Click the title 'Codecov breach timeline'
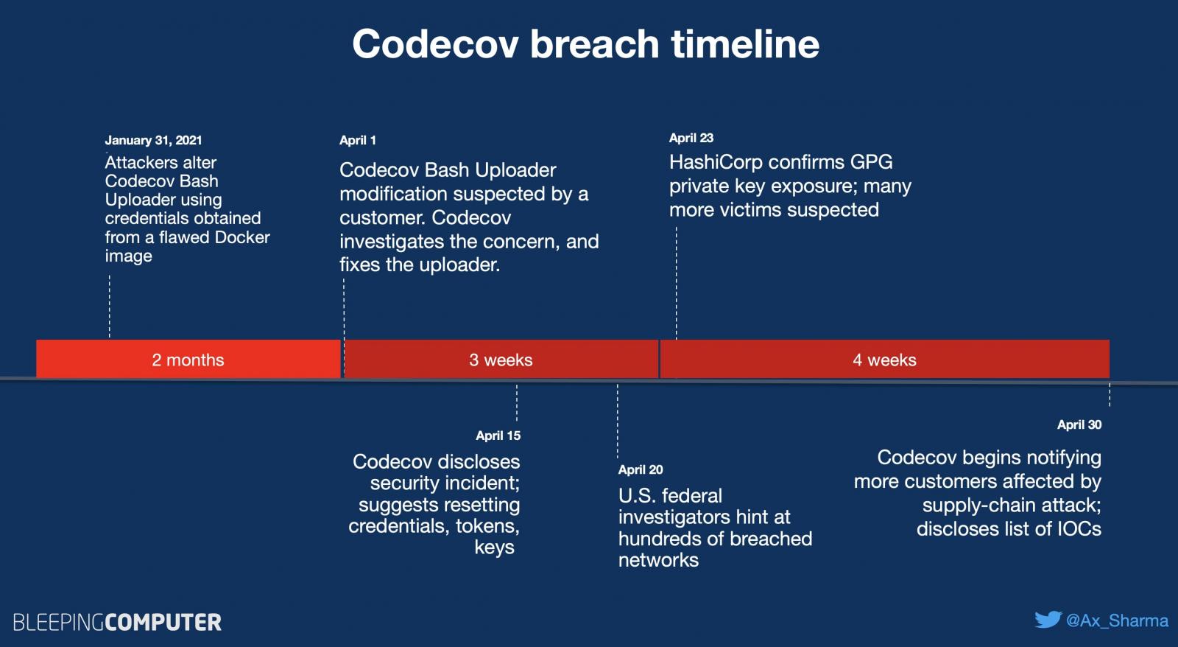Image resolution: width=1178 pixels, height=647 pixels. pos(585,44)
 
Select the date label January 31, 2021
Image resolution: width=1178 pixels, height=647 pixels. pos(153,140)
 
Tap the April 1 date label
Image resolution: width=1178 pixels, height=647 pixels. pos(357,140)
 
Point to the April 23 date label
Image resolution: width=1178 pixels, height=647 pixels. pos(691,138)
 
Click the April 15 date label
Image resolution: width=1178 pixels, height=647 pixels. pos(498,436)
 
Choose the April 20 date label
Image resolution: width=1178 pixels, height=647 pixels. pos(641,469)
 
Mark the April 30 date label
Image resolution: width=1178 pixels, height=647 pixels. pos(1079,424)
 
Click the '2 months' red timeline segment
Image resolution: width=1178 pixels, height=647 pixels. pos(188,360)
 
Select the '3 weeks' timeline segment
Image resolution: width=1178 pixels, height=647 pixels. pos(501,360)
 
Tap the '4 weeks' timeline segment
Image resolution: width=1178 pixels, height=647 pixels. pos(884,360)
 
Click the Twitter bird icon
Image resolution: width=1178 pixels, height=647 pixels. pos(1047,620)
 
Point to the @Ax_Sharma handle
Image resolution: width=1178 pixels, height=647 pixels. pos(1117,620)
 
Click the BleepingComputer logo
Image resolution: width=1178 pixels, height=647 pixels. pos(117,622)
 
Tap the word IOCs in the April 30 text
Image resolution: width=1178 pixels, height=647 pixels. pos(1079,529)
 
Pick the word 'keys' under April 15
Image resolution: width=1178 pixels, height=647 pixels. pos(494,548)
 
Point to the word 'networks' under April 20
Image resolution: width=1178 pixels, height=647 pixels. pos(658,560)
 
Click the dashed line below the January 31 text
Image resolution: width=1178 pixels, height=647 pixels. pos(110,306)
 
